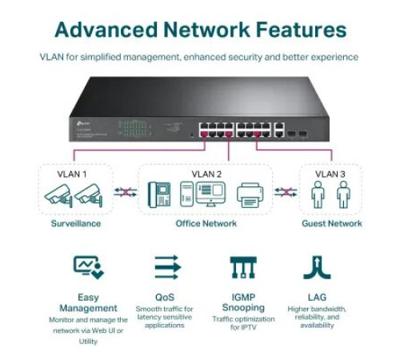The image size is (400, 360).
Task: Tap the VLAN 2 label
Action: [206, 173]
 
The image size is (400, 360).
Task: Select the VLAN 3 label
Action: [331, 173]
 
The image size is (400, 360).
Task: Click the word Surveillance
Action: [73, 224]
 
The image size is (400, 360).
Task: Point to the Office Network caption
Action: [206, 224]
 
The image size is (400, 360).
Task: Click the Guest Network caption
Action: [331, 224]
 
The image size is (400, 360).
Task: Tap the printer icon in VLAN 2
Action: [250, 195]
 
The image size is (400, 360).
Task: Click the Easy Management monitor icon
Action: [88, 267]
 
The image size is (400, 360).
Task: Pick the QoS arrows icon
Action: [166, 267]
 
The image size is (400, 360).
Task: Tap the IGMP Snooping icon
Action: [242, 267]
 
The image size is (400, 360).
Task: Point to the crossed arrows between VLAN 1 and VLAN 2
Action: [124, 193]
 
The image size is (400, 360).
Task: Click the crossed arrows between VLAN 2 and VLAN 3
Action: [286, 193]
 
